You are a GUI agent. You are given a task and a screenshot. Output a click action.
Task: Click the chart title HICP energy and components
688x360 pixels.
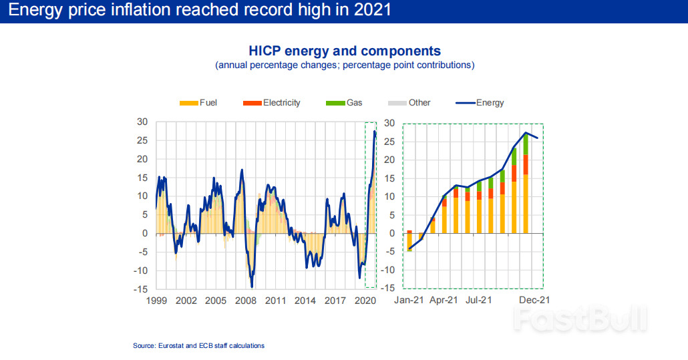(345, 51)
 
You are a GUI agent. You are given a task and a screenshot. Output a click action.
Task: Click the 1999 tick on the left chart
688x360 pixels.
(156, 301)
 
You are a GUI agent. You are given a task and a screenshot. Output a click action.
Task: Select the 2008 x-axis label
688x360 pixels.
(246, 301)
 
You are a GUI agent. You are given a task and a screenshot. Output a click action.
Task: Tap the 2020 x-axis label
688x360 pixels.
(365, 301)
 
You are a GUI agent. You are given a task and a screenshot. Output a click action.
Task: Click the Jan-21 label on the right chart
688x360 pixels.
(408, 301)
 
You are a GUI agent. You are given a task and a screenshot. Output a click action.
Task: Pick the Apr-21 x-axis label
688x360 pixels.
(444, 301)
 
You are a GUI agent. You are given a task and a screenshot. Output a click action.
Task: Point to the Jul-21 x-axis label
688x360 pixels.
(478, 301)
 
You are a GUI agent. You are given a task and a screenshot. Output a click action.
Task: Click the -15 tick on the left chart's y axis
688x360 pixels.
(142, 289)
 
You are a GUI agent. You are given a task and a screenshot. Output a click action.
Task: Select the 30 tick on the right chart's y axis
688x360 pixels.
(391, 123)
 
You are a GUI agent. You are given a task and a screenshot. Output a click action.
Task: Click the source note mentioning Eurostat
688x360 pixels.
(199, 345)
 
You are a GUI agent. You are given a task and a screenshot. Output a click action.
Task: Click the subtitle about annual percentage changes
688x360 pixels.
(345, 65)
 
